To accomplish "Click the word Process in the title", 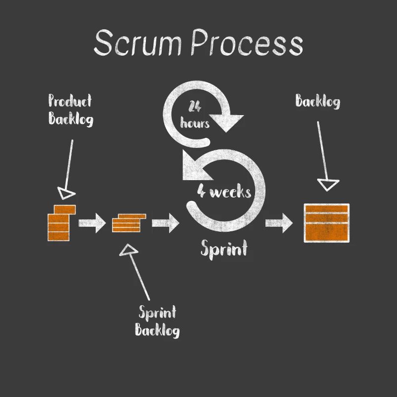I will [247, 43].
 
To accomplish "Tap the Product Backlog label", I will [70, 110].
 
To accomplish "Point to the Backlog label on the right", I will [318, 102].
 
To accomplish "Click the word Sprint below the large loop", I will [224, 248].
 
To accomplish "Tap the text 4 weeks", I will [224, 192].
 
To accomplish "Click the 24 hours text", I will [195, 115].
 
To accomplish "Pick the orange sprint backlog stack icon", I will [129, 223].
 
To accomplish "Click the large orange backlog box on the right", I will [326, 223].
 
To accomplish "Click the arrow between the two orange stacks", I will [92, 222].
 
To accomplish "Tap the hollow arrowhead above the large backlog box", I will [328, 185].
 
